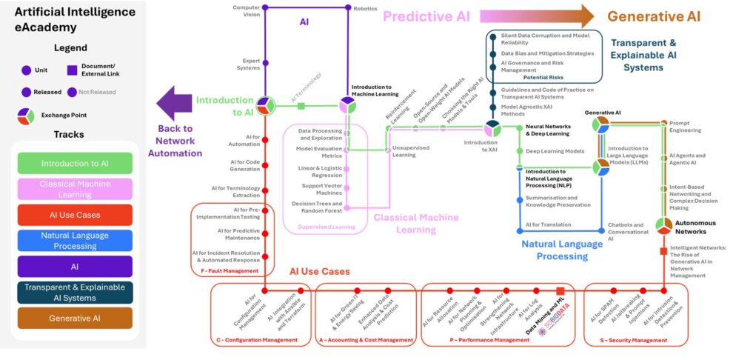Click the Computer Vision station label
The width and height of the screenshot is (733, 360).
click(247, 10)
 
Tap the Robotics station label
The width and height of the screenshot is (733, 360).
click(365, 8)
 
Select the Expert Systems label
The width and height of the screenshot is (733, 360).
click(247, 64)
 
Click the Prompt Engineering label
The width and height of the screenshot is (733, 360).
click(685, 126)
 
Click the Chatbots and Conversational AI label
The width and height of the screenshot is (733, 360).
click(628, 231)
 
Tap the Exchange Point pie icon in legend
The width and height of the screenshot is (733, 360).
click(27, 116)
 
